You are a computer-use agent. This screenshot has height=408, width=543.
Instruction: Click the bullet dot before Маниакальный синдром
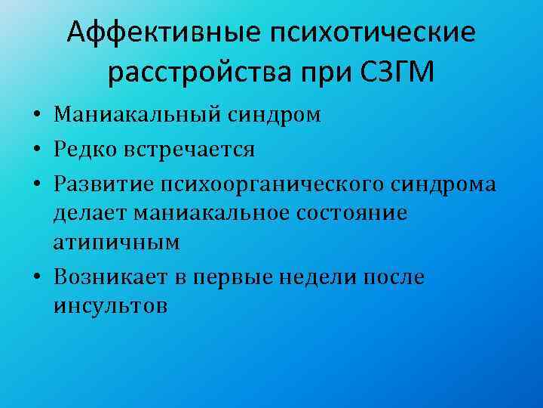point(36,116)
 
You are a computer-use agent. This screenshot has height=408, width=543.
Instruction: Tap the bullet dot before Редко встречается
point(36,150)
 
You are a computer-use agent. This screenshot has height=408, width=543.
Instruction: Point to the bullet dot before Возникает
point(36,278)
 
